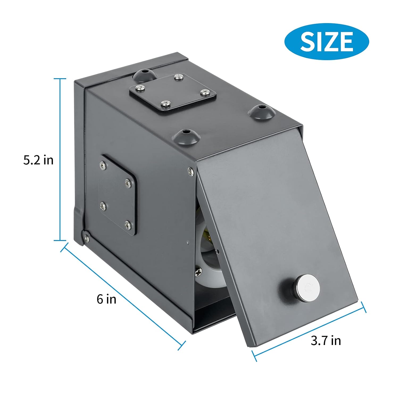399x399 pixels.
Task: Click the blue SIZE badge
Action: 326,41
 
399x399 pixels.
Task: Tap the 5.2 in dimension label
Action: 38,160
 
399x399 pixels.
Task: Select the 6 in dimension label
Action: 106,299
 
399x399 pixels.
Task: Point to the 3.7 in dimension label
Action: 326,340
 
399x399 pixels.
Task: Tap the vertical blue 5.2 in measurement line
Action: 60,160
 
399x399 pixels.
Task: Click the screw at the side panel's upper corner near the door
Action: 190,171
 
